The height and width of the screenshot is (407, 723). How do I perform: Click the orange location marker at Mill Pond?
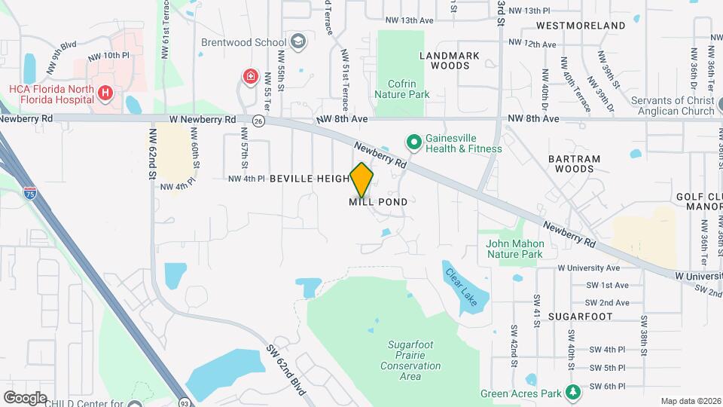pos(362,179)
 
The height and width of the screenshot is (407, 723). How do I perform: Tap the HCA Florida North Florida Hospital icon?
pos(106,92)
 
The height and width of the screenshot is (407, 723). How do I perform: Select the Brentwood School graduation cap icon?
pos(298,41)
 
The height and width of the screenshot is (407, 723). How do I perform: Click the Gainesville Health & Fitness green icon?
pos(413,141)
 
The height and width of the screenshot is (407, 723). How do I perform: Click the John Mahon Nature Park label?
pos(514,249)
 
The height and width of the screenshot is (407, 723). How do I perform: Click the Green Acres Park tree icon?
pos(574,393)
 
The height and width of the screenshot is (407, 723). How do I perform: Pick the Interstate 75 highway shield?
pos(30,192)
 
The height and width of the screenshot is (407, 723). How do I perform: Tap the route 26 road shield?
pos(258,121)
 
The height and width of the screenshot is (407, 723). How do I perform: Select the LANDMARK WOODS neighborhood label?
pos(450,60)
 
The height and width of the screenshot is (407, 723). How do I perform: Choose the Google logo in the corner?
pos(25,397)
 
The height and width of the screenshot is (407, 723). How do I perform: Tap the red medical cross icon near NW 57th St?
pos(249,76)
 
